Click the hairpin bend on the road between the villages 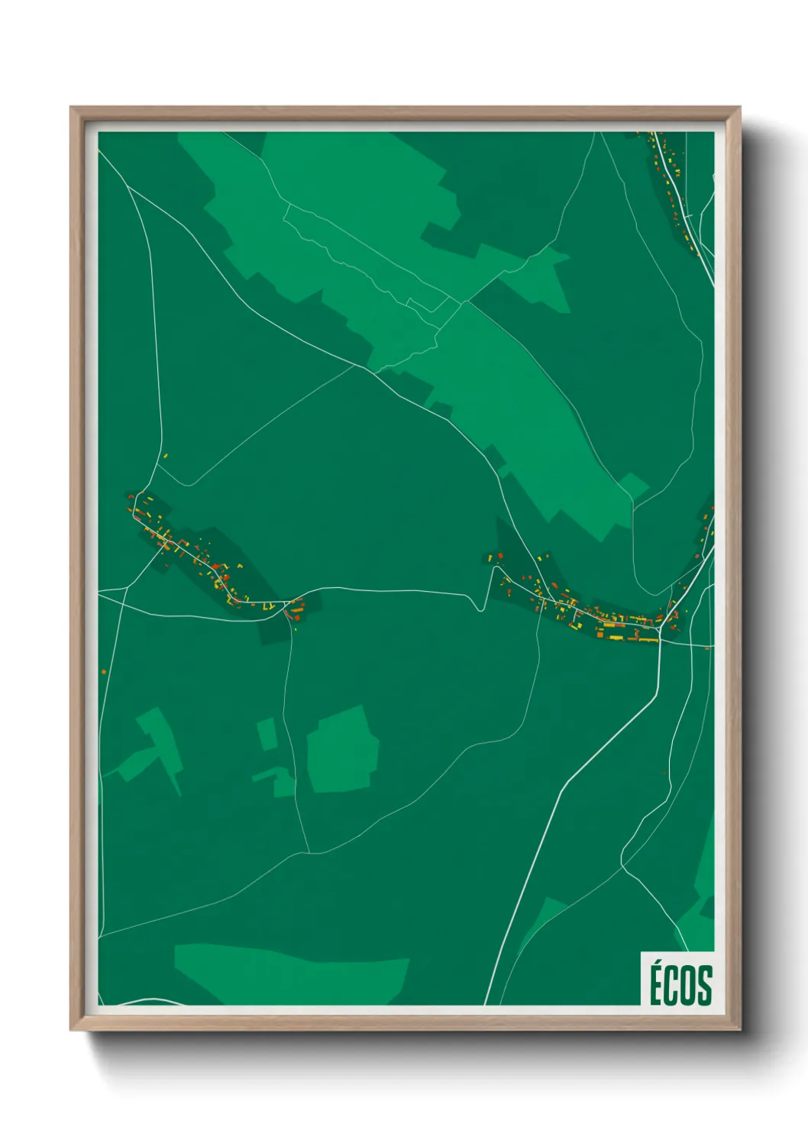479,607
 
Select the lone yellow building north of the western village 165,457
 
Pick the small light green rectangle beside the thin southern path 267,733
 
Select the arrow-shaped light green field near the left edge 157,744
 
